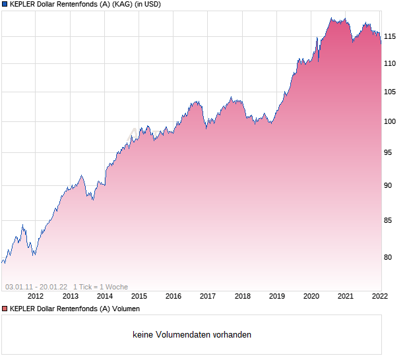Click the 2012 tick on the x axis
pyautogui.click(x=36, y=297)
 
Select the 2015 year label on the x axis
pyautogui.click(x=139, y=297)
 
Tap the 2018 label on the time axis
pyautogui.click(x=242, y=297)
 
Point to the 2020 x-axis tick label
pyautogui.click(x=311, y=297)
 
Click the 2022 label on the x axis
pyautogui.click(x=380, y=297)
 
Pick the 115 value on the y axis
pyautogui.click(x=390, y=36)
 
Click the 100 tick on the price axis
pyautogui.click(x=390, y=122)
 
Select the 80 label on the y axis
pyautogui.click(x=388, y=258)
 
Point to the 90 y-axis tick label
pyautogui.click(x=388, y=185)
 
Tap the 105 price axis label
pyautogui.click(x=390, y=92)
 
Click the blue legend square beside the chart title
pyautogui.click(x=5, y=5)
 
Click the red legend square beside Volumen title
pyautogui.click(x=5, y=309)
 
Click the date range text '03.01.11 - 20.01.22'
pyautogui.click(x=36, y=287)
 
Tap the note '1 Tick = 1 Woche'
pyautogui.click(x=100, y=287)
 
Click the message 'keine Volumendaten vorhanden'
pyautogui.click(x=192, y=335)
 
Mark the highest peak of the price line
pyautogui.click(x=332, y=18)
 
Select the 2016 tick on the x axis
pyautogui.click(x=173, y=297)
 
